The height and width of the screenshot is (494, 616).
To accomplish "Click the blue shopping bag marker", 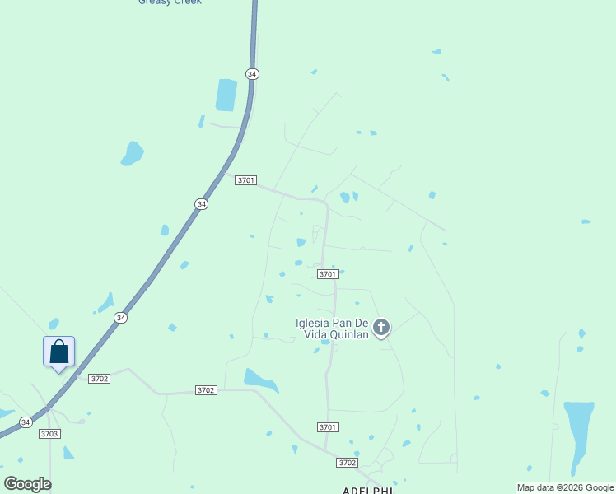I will pyautogui.click(x=58, y=352).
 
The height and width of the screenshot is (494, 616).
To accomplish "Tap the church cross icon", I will pyautogui.click(x=380, y=328).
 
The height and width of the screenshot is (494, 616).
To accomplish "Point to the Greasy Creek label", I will pyautogui.click(x=170, y=2).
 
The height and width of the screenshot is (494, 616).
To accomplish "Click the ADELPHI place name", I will pyautogui.click(x=368, y=490).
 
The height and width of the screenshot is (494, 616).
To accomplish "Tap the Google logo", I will pyautogui.click(x=27, y=484).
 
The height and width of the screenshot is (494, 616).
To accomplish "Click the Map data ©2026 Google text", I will pyautogui.click(x=566, y=487).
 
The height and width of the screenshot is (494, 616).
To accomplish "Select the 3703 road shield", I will pyautogui.click(x=49, y=433).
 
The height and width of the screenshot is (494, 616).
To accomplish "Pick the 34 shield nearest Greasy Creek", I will pyautogui.click(x=252, y=74).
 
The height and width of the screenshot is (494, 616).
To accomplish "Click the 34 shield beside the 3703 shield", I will pyautogui.click(x=26, y=422).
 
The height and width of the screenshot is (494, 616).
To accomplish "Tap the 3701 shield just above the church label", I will pyautogui.click(x=328, y=274).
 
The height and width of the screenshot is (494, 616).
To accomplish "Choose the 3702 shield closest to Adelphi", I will pyautogui.click(x=347, y=463).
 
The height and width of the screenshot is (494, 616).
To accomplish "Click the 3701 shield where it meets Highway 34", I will pyautogui.click(x=245, y=180).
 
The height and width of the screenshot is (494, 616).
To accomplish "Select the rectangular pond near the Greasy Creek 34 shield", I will pyautogui.click(x=226, y=95).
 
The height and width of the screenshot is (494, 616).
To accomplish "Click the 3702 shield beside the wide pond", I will pyautogui.click(x=206, y=390).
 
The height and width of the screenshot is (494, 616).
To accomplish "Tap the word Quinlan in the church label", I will pyautogui.click(x=349, y=334).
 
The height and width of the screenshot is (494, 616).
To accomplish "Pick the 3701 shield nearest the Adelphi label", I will pyautogui.click(x=328, y=426).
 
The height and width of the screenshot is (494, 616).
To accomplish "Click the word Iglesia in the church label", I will pyautogui.click(x=314, y=323).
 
